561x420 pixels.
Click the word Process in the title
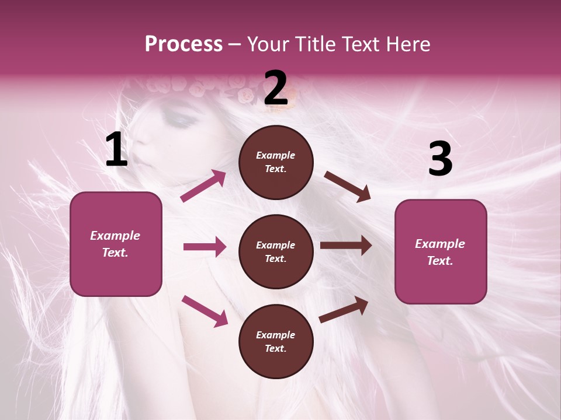[183, 44]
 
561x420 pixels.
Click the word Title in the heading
[314, 44]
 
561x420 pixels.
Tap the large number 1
[116, 150]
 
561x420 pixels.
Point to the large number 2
[276, 89]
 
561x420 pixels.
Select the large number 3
[440, 159]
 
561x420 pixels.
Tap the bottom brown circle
[276, 362]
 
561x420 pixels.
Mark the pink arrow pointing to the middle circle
[205, 247]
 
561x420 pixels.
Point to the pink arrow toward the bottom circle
[205, 310]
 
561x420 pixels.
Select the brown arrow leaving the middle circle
[346, 246]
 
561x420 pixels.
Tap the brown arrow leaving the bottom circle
[344, 309]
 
